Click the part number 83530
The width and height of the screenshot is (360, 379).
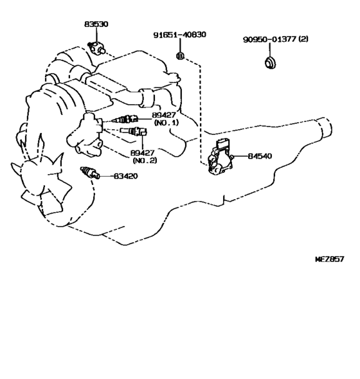96,24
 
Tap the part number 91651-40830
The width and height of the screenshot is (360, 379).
180,35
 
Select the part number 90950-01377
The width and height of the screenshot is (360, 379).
269,39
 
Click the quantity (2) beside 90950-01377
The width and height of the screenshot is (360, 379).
303,39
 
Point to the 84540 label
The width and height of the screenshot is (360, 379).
260,156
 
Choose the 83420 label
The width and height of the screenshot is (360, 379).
125,176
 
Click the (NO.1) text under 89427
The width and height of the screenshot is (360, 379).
166,123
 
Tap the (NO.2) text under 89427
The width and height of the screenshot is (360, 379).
145,160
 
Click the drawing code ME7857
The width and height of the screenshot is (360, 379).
330,259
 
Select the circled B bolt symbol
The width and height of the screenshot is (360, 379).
180,57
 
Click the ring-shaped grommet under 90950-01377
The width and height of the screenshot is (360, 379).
270,62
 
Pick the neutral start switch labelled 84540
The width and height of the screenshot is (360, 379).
220,157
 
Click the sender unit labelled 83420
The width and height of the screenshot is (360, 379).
90,173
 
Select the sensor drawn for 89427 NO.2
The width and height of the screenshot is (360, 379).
134,131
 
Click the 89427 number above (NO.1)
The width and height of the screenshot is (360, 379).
164,115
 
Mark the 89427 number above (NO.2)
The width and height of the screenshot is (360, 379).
142,153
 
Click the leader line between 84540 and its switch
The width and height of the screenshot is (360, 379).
240,156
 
